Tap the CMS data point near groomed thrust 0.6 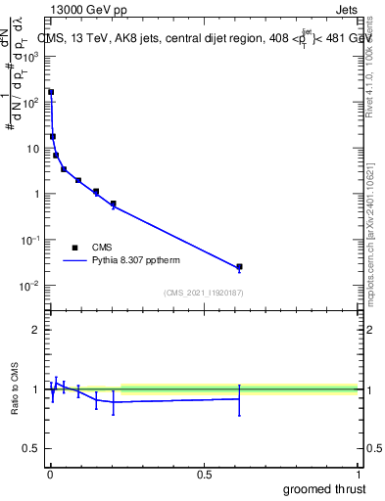(239, 267)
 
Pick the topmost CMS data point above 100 (51, 92)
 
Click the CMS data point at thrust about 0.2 (114, 205)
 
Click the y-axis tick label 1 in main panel (34, 194)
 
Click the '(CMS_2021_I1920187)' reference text (204, 292)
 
